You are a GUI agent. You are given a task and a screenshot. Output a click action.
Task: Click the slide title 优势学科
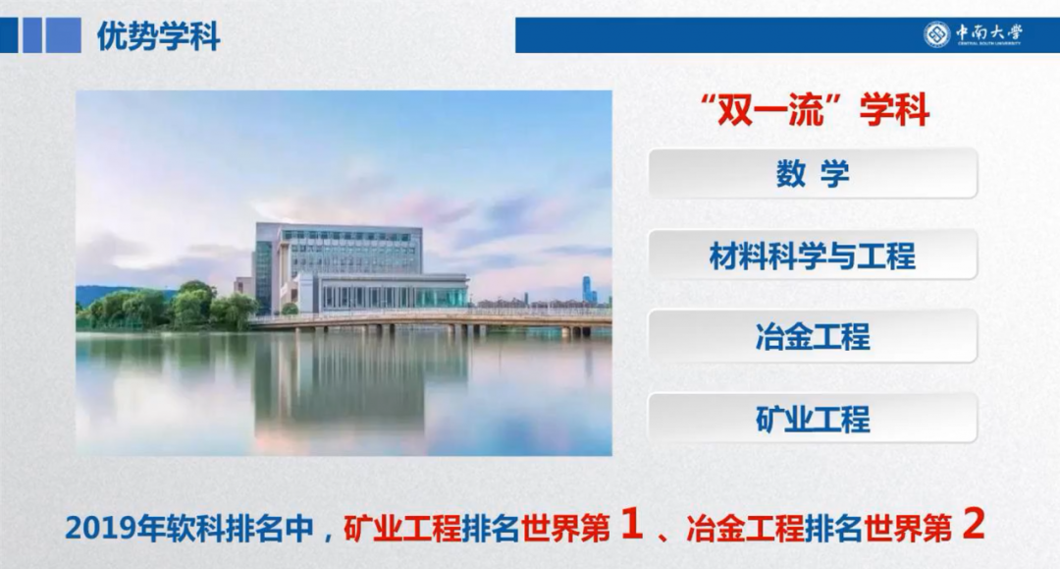click(158, 36)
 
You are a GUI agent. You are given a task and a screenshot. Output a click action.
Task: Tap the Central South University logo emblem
click(936, 34)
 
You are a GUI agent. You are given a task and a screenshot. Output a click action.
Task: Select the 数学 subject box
click(813, 174)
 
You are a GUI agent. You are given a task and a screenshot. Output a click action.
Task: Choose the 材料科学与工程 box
click(813, 256)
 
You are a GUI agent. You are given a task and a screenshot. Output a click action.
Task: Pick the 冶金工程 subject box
click(813, 337)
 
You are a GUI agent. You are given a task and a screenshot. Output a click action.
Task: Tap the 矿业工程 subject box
click(813, 420)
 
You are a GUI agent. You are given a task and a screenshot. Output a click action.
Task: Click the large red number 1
click(632, 525)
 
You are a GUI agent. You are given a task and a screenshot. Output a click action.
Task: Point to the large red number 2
click(973, 525)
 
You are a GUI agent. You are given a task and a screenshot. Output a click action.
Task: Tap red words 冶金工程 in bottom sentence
click(745, 529)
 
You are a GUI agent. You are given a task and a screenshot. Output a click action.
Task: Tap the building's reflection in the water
click(344, 383)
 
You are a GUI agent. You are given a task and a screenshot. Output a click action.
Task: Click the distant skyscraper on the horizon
click(587, 288)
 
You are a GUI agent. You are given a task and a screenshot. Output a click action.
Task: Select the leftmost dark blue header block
click(8, 35)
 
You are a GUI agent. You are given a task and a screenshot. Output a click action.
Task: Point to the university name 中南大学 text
click(989, 31)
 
